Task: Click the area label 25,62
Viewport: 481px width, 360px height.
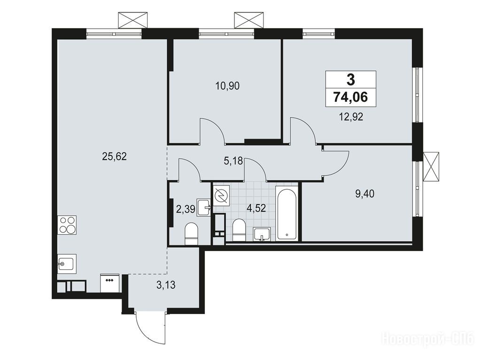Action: tap(114, 157)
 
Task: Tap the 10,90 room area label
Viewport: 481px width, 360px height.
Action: tap(227, 86)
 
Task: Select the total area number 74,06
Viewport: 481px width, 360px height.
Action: tap(350, 97)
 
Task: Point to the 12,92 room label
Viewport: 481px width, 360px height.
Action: tap(351, 117)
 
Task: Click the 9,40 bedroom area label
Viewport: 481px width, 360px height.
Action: tap(365, 194)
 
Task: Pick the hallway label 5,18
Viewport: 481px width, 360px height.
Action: tap(233, 161)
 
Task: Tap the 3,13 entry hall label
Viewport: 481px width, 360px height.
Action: tap(166, 285)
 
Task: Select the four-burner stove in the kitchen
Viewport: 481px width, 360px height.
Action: tap(67, 225)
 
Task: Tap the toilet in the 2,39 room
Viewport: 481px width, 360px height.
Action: tap(191, 234)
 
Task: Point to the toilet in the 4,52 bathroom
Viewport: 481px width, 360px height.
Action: tap(239, 230)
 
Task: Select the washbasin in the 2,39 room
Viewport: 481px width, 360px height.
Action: tap(204, 207)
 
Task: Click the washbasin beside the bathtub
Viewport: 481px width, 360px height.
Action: tap(262, 235)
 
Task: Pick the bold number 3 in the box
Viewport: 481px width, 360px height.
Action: tap(350, 80)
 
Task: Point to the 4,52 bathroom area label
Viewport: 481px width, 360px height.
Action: tap(256, 208)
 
